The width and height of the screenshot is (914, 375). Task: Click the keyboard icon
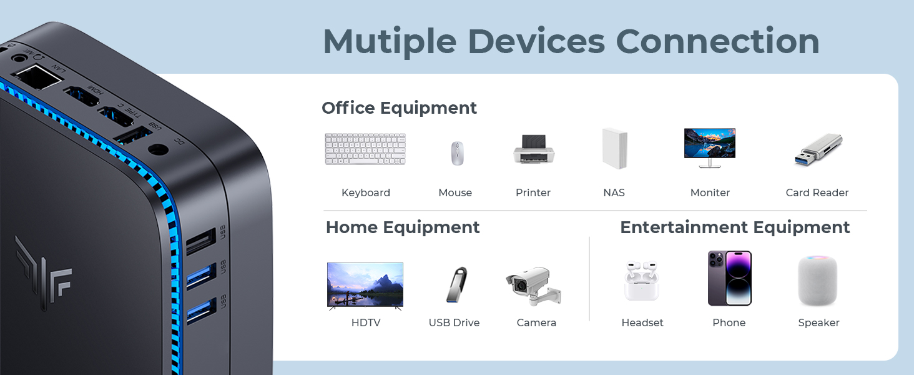click(x=365, y=149)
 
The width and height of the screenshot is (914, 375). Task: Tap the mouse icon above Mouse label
click(x=458, y=153)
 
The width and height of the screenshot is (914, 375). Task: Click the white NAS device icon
click(x=614, y=148)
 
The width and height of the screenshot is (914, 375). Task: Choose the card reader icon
click(x=818, y=150)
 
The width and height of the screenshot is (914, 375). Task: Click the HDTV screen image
click(x=365, y=285)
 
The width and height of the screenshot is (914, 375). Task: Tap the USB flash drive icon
click(x=456, y=285)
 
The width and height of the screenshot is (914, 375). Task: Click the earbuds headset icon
click(x=641, y=281)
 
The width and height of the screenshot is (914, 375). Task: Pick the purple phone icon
click(x=729, y=279)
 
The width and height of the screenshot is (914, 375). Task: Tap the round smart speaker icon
click(x=817, y=281)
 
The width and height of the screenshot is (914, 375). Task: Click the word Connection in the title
click(x=717, y=42)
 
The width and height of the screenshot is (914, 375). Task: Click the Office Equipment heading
click(x=399, y=108)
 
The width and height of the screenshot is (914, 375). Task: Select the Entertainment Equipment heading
click(x=735, y=227)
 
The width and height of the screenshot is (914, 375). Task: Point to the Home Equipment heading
click(x=403, y=227)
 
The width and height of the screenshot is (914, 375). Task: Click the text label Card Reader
click(x=817, y=193)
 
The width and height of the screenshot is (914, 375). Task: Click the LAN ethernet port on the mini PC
click(x=37, y=79)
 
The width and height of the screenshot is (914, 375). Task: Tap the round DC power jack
click(x=159, y=149)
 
